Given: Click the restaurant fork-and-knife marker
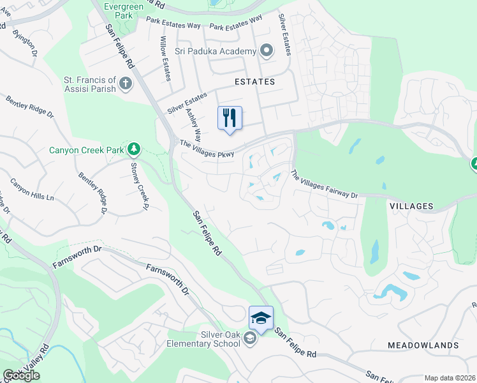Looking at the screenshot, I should pyautogui.click(x=230, y=118).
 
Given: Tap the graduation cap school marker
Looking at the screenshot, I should pyautogui.click(x=261, y=318).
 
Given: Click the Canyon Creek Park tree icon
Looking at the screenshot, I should pyautogui.click(x=133, y=150).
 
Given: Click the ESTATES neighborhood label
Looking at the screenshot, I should pyautogui.click(x=254, y=82).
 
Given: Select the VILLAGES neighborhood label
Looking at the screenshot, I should pyautogui.click(x=411, y=206).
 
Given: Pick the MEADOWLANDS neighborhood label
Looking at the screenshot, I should pyautogui.click(x=423, y=345).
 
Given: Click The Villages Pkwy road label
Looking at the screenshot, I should pyautogui.click(x=207, y=149).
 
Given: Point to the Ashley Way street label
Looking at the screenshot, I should pyautogui.click(x=193, y=124).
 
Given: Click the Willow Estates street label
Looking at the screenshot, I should pyautogui.click(x=165, y=58).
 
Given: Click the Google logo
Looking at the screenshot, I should pyautogui.click(x=21, y=375).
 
